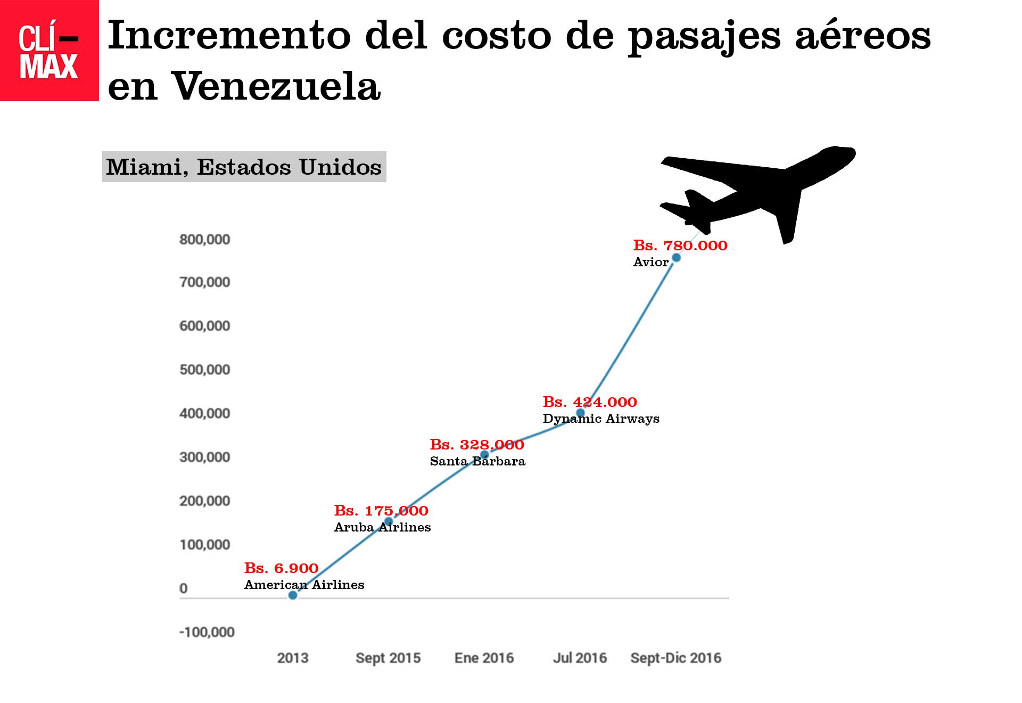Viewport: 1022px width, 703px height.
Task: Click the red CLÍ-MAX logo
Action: pyautogui.click(x=49, y=51)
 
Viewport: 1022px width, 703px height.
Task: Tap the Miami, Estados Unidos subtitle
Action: pyautogui.click(x=244, y=167)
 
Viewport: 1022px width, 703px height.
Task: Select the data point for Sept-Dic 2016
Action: pyautogui.click(x=676, y=258)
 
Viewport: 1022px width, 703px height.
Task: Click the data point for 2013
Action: pyautogui.click(x=293, y=595)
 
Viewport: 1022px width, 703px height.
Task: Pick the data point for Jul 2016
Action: pyautogui.click(x=581, y=413)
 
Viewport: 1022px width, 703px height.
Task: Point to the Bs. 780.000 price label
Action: pyautogui.click(x=680, y=246)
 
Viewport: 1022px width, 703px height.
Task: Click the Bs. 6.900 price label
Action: pyautogui.click(x=281, y=568)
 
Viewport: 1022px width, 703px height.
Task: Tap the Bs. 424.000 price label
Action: pyautogui.click(x=589, y=402)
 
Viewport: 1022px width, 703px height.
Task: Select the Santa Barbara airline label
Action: pyautogui.click(x=477, y=461)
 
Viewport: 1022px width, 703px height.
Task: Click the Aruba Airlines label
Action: pyautogui.click(x=382, y=527)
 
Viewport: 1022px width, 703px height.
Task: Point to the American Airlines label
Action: pyautogui.click(x=304, y=585)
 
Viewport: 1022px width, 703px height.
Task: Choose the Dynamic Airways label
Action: pyautogui.click(x=601, y=419)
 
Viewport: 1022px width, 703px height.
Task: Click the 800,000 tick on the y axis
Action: pyautogui.click(x=204, y=240)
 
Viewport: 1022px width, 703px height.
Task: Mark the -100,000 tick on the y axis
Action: pyautogui.click(x=207, y=632)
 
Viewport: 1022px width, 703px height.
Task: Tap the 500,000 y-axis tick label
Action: pyautogui.click(x=204, y=370)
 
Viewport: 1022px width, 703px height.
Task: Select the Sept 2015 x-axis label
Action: pyautogui.click(x=388, y=658)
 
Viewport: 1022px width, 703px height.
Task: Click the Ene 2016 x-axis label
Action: pyautogui.click(x=484, y=658)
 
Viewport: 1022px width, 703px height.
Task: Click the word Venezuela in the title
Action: pyautogui.click(x=276, y=86)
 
